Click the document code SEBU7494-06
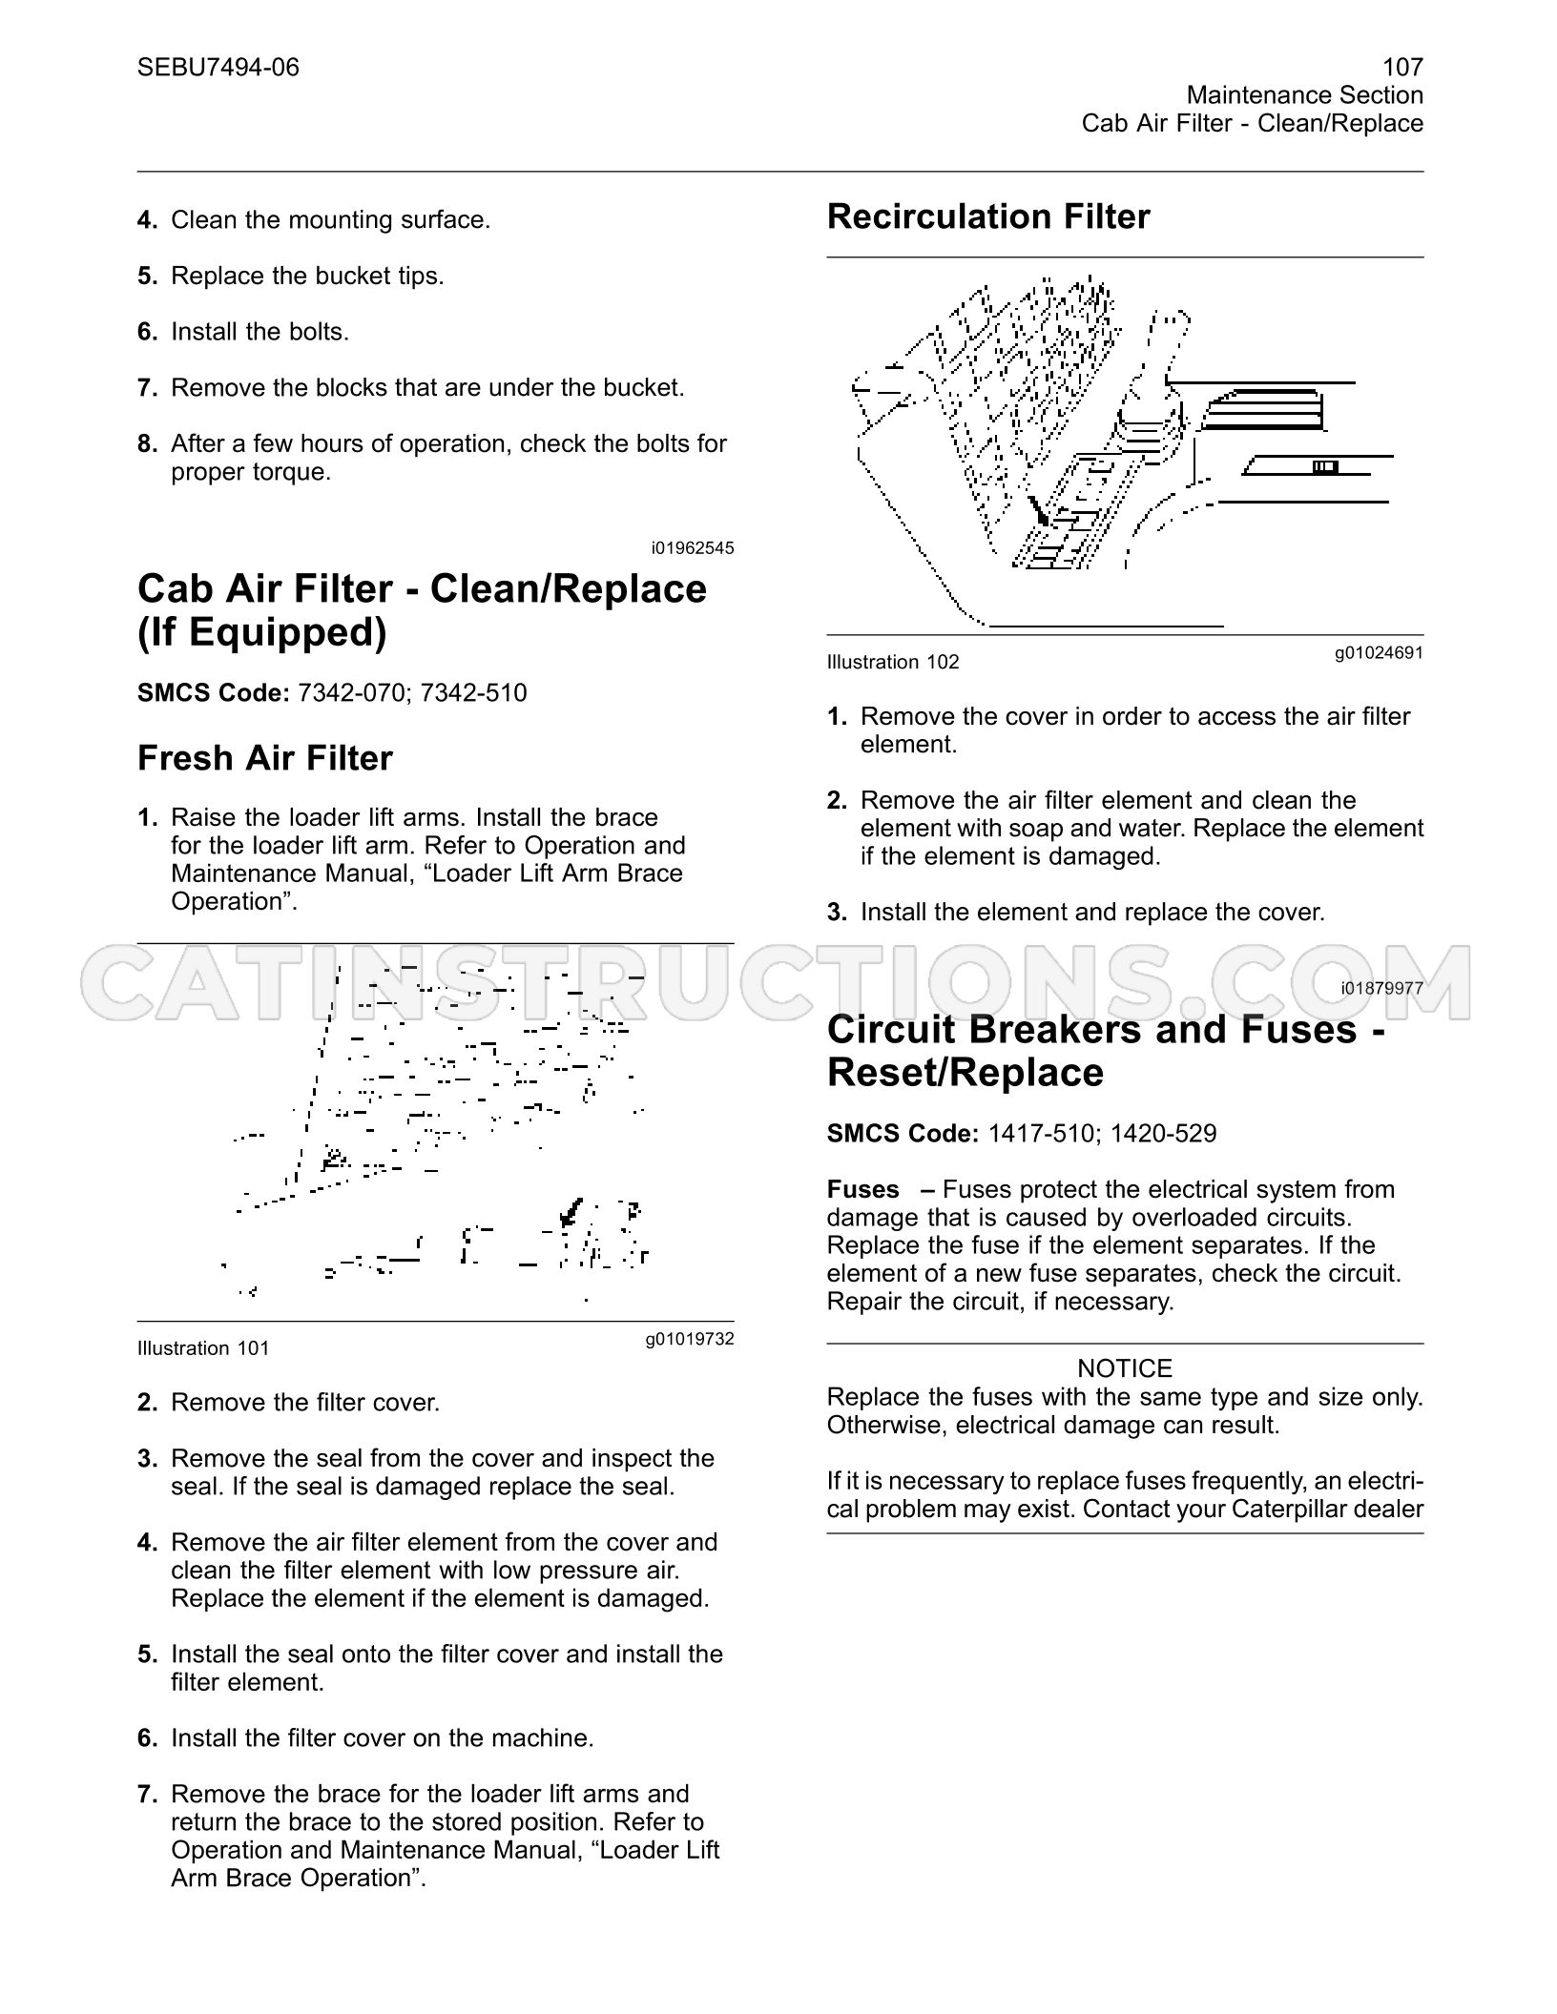pyautogui.click(x=218, y=67)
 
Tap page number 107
pyautogui.click(x=1402, y=67)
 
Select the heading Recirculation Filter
pyautogui.click(x=988, y=216)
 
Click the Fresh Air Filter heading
pyautogui.click(x=265, y=758)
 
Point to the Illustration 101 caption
pyautogui.click(x=203, y=1348)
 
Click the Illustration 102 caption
pyautogui.click(x=893, y=662)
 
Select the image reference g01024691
pyautogui.click(x=1379, y=653)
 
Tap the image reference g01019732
pyautogui.click(x=690, y=1340)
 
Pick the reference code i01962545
pyautogui.click(x=693, y=548)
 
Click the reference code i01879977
pyautogui.click(x=1381, y=989)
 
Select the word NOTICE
pyautogui.click(x=1125, y=1368)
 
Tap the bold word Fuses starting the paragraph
pyautogui.click(x=863, y=1189)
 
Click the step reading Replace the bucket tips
pyautogui.click(x=307, y=277)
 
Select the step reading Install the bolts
pyautogui.click(x=260, y=332)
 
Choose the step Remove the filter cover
pyautogui.click(x=305, y=1403)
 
